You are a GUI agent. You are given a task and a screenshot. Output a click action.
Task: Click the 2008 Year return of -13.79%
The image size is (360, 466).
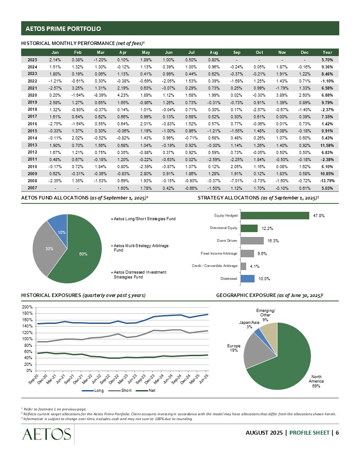click(x=327, y=180)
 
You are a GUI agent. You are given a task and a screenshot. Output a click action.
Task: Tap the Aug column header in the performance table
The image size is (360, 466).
click(x=214, y=52)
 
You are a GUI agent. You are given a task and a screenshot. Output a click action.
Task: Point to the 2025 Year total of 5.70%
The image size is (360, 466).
click(x=327, y=59)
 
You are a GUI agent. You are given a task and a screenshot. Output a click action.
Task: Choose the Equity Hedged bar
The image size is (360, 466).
click(x=275, y=215)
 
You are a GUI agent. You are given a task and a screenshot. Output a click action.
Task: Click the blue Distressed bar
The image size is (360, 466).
click(x=247, y=278)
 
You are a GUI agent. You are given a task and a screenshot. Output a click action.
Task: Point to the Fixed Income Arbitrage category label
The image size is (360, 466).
click(x=219, y=253)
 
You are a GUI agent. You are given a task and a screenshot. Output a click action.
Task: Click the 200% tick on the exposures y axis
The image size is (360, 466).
click(x=27, y=307)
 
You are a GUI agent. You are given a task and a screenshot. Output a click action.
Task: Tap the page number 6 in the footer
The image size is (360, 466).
click(x=337, y=432)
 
